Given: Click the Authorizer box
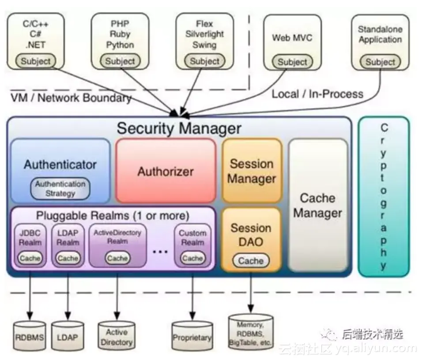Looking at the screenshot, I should pyautogui.click(x=166, y=171).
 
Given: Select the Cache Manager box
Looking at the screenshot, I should pyautogui.click(x=318, y=206).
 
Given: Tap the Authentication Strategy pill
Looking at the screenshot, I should pyautogui.click(x=60, y=188).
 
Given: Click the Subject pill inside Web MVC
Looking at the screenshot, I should pyautogui.click(x=292, y=62).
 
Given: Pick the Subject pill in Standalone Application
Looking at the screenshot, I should pyautogui.click(x=380, y=62).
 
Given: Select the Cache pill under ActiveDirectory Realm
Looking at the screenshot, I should pyautogui.click(x=117, y=258).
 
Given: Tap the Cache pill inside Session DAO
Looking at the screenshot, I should pyautogui.click(x=251, y=261).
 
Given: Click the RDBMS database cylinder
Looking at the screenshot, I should pyautogui.click(x=30, y=338).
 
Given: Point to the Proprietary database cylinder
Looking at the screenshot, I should pyautogui.click(x=192, y=337).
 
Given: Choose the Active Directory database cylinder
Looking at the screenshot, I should pyautogui.click(x=117, y=337).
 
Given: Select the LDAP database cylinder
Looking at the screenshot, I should pyautogui.click(x=68, y=338).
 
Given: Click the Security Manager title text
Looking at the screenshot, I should pyautogui.click(x=179, y=128).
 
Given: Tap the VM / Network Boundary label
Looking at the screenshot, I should pyautogui.click(x=71, y=98).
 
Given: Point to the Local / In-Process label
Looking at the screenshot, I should pyautogui.click(x=317, y=94).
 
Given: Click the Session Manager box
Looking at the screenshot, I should pyautogui.click(x=252, y=171).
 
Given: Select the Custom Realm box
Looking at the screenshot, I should pyautogui.click(x=192, y=245).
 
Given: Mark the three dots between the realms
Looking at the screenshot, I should pyautogui.click(x=160, y=251).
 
